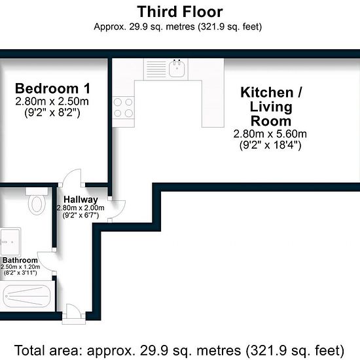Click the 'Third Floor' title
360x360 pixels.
coord(180,12)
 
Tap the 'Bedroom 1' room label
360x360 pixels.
coord(52,88)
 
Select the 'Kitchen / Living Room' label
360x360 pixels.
coord(271,107)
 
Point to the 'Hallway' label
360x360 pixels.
coord(81,199)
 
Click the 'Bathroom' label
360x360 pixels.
coord(20,260)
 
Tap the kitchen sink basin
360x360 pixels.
coord(177,69)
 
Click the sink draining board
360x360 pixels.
coord(156,69)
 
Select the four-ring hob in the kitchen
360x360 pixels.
coord(123,108)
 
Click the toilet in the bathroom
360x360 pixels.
coord(37,201)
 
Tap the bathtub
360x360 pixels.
coord(27,296)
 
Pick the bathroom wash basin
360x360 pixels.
coord(10,242)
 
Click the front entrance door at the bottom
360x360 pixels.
coord(74,314)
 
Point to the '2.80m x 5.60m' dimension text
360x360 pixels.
coord(270,134)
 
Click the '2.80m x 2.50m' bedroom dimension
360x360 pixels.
coord(52,101)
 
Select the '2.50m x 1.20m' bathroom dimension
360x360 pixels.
coord(20,267)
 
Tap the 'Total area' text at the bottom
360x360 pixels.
coord(179,350)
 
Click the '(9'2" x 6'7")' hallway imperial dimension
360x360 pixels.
coord(81,215)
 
